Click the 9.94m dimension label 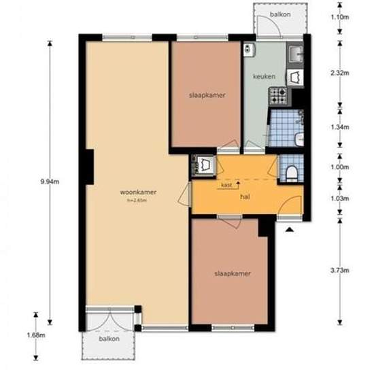[x=50, y=182]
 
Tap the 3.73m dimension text [x=339, y=270]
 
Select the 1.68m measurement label [x=36, y=335]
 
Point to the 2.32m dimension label [x=339, y=73]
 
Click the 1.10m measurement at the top [x=339, y=17]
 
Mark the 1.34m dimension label [x=339, y=127]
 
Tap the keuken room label [x=264, y=77]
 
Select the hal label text [x=245, y=197]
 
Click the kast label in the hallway [x=226, y=185]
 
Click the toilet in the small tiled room [x=291, y=173]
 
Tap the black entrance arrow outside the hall [x=289, y=229]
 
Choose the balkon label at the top [x=280, y=14]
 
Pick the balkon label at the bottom [x=109, y=339]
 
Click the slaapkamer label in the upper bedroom [x=207, y=95]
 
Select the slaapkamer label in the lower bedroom [x=233, y=273]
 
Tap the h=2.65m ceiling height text [x=137, y=201]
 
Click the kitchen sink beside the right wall [x=295, y=54]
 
